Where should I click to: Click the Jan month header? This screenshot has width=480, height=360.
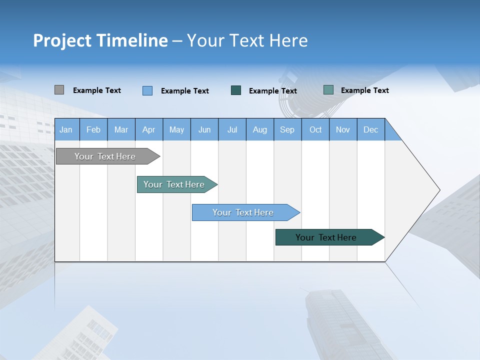coord(66,129)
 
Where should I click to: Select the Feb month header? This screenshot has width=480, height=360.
coord(93,129)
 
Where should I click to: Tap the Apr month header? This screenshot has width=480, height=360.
coord(149,129)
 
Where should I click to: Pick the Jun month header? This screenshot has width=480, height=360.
coord(204,129)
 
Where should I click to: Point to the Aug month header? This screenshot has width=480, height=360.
coord(260,129)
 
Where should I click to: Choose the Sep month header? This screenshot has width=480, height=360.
coord(287,129)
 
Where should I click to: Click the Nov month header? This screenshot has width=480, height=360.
coord(343,129)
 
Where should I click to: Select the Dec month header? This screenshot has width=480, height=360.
coord(371,129)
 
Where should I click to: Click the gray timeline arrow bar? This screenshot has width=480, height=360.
coord(105,156)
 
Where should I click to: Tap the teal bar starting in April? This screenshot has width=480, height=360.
coord(174,184)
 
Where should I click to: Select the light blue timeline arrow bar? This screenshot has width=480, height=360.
coord(243,212)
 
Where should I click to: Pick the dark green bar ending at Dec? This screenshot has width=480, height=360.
coord(326,237)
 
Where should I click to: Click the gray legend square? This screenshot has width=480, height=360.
coord(59,90)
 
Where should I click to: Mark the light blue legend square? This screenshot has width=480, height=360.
coord(147,90)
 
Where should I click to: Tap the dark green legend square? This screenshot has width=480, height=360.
coord(236,90)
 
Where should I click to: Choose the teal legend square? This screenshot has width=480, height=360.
coord(328,90)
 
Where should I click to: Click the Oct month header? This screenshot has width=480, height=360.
coord(315,129)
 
